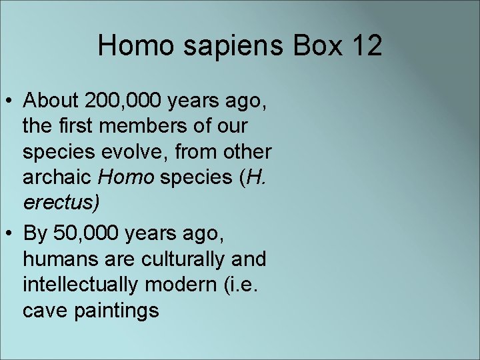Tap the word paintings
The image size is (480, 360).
(116, 310)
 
